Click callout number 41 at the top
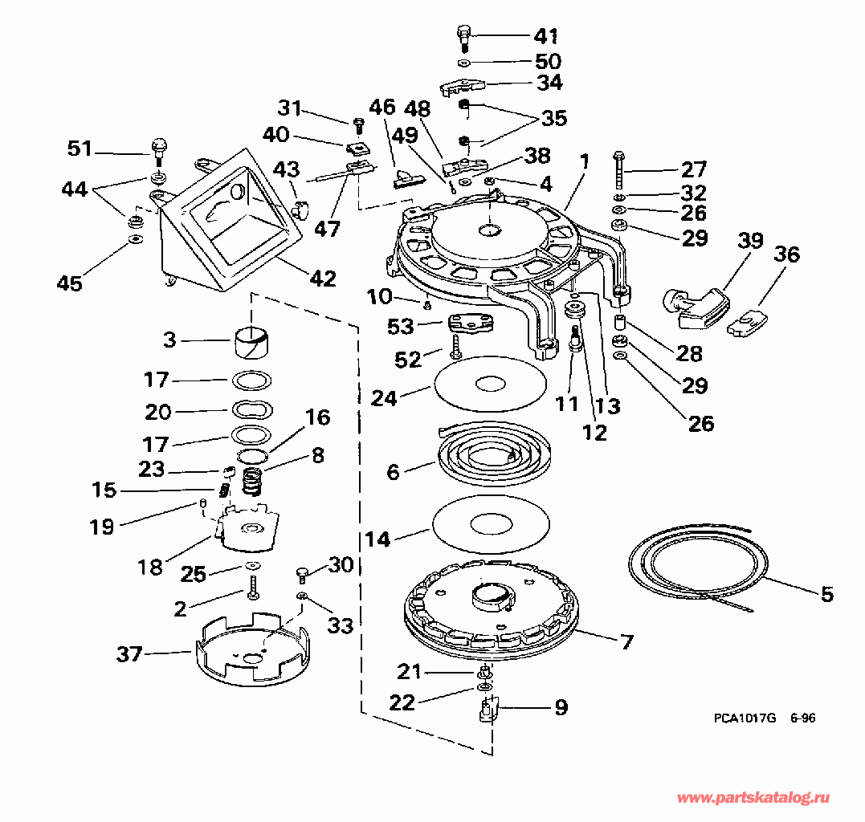545,36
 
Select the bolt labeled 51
159,153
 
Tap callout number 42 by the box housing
323,279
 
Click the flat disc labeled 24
491,384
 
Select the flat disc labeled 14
492,522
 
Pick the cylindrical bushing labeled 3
251,342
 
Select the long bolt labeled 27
618,169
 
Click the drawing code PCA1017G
745,718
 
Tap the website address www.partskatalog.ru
753,797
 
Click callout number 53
401,327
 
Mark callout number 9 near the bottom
561,706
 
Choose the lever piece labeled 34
463,87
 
